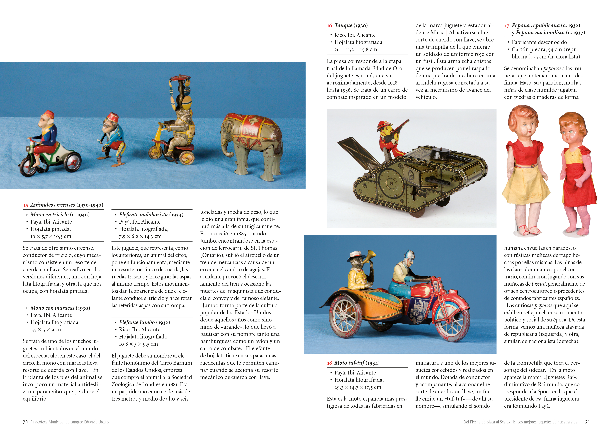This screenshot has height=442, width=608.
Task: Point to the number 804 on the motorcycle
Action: pos(452,291)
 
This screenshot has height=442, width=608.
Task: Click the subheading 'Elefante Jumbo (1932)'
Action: pos(144,322)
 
